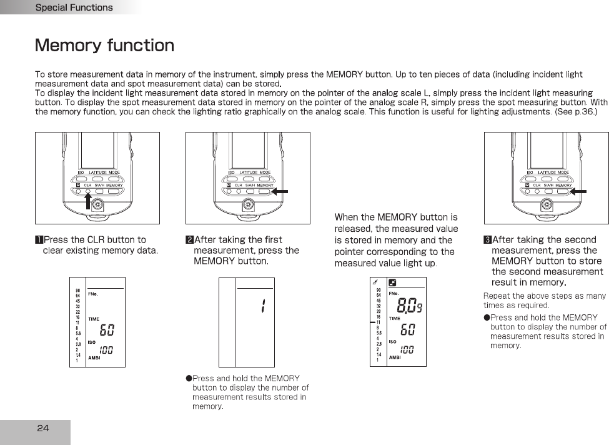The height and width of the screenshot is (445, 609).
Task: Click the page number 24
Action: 42,428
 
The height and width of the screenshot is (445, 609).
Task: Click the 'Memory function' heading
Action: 104,46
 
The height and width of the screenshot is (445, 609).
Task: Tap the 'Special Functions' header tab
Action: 74,7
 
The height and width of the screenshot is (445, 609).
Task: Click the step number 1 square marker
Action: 39,240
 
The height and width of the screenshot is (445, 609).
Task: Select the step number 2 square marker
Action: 189,240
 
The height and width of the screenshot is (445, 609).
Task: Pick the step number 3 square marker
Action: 487,240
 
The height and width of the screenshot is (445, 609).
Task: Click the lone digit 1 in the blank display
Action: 263,306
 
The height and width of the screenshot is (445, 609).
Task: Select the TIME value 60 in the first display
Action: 107,329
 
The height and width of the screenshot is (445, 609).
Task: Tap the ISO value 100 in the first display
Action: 107,351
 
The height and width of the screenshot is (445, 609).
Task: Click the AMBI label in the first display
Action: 93,359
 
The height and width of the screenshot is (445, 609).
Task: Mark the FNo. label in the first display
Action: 93,293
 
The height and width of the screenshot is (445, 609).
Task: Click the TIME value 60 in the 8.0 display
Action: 407,329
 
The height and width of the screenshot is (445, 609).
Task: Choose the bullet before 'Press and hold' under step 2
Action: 189,378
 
